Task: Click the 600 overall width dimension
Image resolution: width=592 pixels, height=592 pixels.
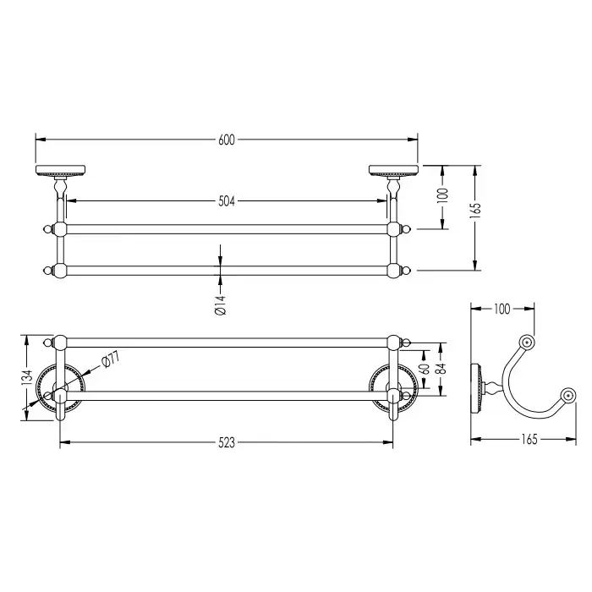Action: [227, 140]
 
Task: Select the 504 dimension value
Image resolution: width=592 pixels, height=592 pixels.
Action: [227, 201]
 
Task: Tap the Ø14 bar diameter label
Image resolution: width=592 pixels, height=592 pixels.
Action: [220, 305]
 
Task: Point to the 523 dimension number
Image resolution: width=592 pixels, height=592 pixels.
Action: [227, 442]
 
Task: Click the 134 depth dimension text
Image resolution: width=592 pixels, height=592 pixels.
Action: [27, 378]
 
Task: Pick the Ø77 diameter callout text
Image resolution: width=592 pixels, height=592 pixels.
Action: [111, 359]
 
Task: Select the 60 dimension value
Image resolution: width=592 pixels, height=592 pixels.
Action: [425, 369]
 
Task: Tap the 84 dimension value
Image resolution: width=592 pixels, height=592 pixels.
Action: [441, 368]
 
